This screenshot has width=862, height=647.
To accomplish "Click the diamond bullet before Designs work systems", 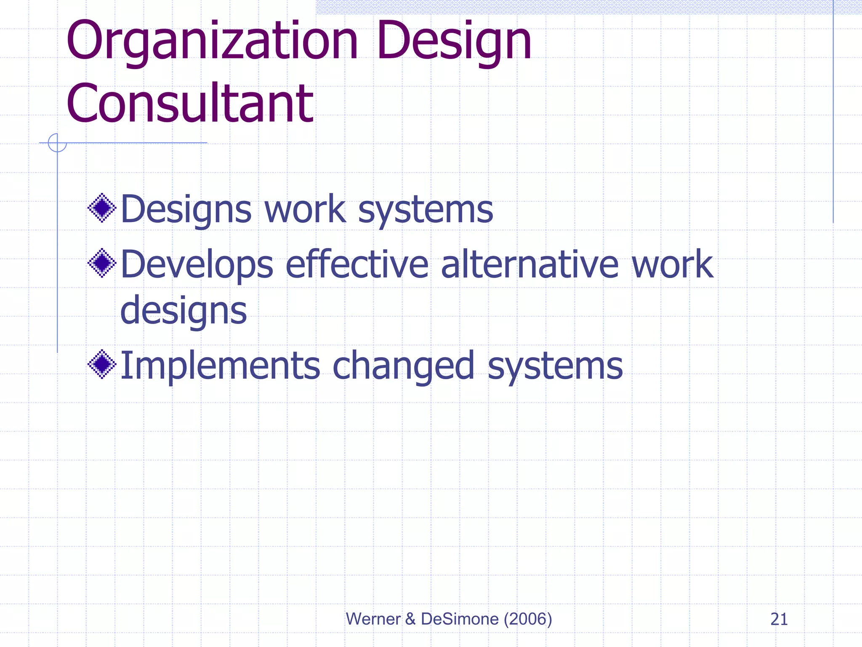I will tap(102, 208).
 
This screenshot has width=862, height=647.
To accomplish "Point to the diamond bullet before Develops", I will tap(102, 263).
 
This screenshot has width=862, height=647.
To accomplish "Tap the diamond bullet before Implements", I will tap(102, 364).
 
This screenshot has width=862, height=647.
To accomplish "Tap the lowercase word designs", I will tap(184, 312).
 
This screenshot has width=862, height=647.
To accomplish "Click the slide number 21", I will tap(779, 619).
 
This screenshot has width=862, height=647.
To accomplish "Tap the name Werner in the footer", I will tap(373, 619).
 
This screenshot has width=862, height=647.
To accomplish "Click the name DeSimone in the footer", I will tap(460, 619).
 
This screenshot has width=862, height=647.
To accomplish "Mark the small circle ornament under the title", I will tap(57, 143).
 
